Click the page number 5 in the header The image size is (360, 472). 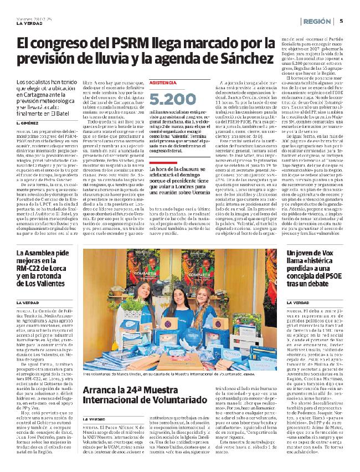342,21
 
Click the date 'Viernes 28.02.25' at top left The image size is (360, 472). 32,17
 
